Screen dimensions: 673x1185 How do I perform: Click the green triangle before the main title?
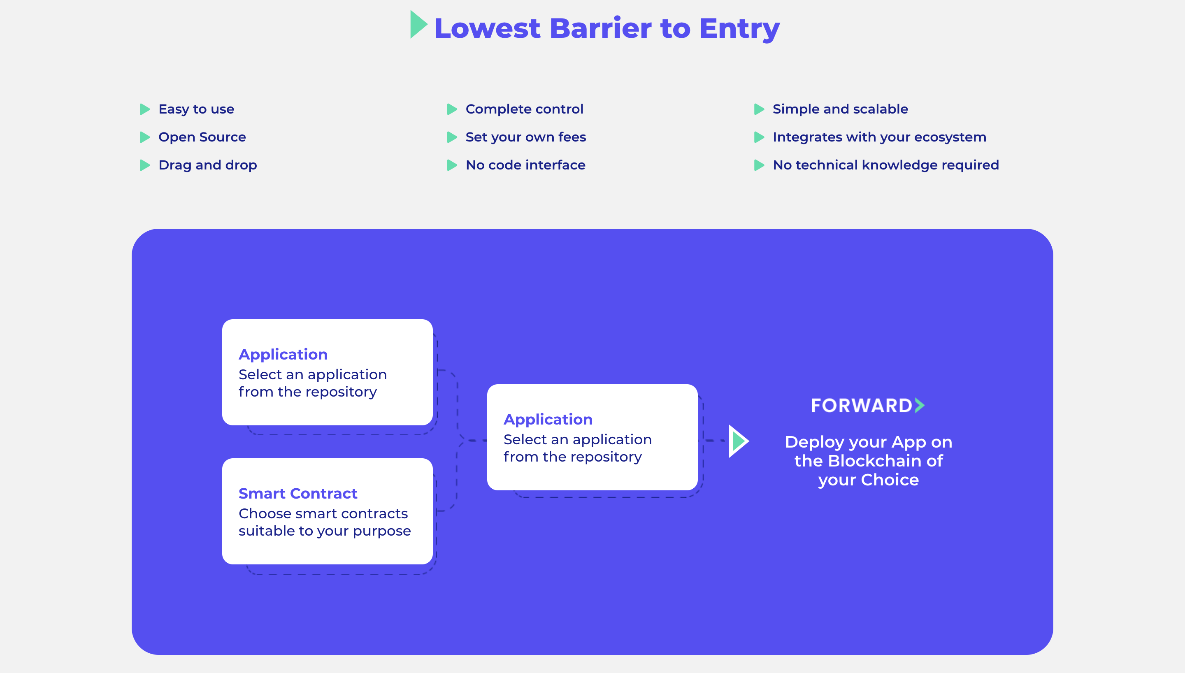coord(418,25)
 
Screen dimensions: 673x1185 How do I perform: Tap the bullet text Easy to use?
coord(196,109)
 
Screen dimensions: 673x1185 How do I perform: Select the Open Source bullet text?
coord(202,137)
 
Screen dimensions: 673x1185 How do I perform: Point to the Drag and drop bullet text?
coord(207,165)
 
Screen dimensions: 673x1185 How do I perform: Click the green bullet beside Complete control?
coord(451,109)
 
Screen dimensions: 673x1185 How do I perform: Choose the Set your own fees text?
coord(525,137)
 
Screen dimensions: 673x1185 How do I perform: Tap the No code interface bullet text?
coord(525,165)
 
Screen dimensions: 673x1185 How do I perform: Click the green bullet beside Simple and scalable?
coord(758,109)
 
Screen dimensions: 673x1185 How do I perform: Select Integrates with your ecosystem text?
coord(879,137)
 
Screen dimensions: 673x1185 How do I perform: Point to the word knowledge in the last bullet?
coord(899,165)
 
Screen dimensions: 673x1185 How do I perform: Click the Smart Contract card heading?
coord(297,494)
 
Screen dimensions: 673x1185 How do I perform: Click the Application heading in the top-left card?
coord(283,355)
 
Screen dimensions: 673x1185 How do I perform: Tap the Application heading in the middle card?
coord(548,420)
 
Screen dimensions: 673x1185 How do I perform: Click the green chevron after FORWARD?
coord(920,405)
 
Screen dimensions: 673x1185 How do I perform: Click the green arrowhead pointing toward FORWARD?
coord(738,441)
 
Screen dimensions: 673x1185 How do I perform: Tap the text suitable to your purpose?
coord(325,531)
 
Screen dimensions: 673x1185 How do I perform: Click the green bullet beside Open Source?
coord(145,137)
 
